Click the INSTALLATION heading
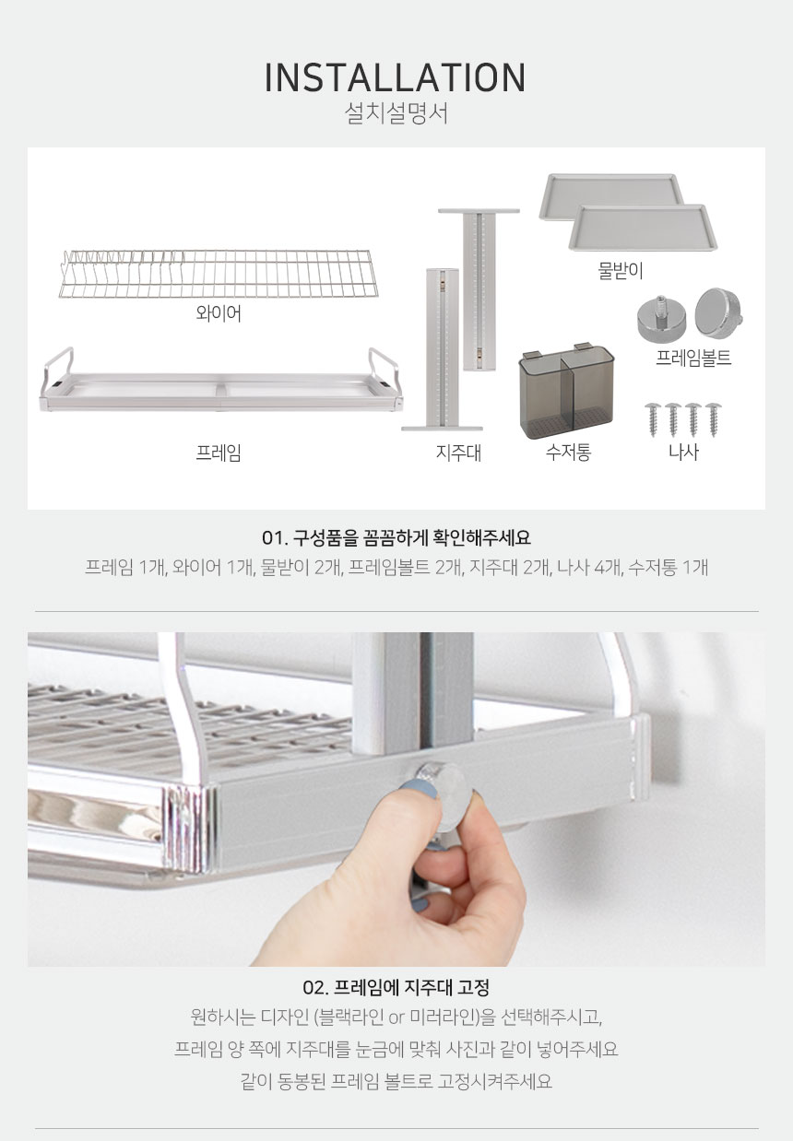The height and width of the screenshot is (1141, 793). [x=396, y=78]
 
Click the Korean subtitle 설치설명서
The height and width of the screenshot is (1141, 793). [x=396, y=113]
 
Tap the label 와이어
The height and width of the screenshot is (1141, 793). [x=219, y=312]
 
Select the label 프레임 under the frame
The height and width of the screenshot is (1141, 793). [x=219, y=453]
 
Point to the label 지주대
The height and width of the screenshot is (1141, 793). [x=458, y=453]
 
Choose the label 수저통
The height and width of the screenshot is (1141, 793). [x=568, y=452]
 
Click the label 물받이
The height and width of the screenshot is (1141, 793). [x=621, y=270]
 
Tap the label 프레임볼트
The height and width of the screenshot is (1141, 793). [x=693, y=358]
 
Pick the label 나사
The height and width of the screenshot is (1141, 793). [x=683, y=452]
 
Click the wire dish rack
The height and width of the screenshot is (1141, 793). [x=219, y=274]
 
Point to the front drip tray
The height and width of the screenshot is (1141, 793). [x=643, y=228]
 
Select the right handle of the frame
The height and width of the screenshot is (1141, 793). [x=384, y=366]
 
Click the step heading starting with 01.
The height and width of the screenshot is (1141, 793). [x=396, y=538]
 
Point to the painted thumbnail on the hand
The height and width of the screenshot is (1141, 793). [x=419, y=790]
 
